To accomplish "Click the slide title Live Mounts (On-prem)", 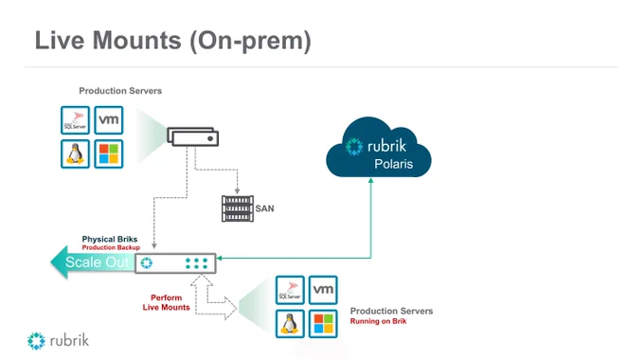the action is (173, 41).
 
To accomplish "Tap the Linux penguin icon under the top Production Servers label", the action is (75, 153).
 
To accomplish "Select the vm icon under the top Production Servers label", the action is (108, 120).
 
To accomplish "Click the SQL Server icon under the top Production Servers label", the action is (75, 120).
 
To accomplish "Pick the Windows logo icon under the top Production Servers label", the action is (108, 153).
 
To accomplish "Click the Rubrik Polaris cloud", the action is (378, 148).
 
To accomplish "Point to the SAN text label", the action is (264, 208).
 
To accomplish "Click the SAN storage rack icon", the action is (238, 208).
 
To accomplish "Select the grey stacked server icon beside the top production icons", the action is (192, 136).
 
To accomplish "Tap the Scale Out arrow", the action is (93, 262).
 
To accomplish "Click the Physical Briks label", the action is (110, 239).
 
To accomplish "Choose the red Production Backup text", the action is (111, 247).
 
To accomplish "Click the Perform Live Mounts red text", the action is (167, 302).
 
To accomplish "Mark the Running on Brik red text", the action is (378, 321).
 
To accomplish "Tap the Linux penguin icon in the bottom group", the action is (290, 324).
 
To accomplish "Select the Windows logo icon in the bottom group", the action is (323, 324).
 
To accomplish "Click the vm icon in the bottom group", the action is (323, 290).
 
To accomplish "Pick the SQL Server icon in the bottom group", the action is (290, 290).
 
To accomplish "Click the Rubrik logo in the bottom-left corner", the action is (58, 341).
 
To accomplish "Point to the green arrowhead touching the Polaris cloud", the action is (371, 180).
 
